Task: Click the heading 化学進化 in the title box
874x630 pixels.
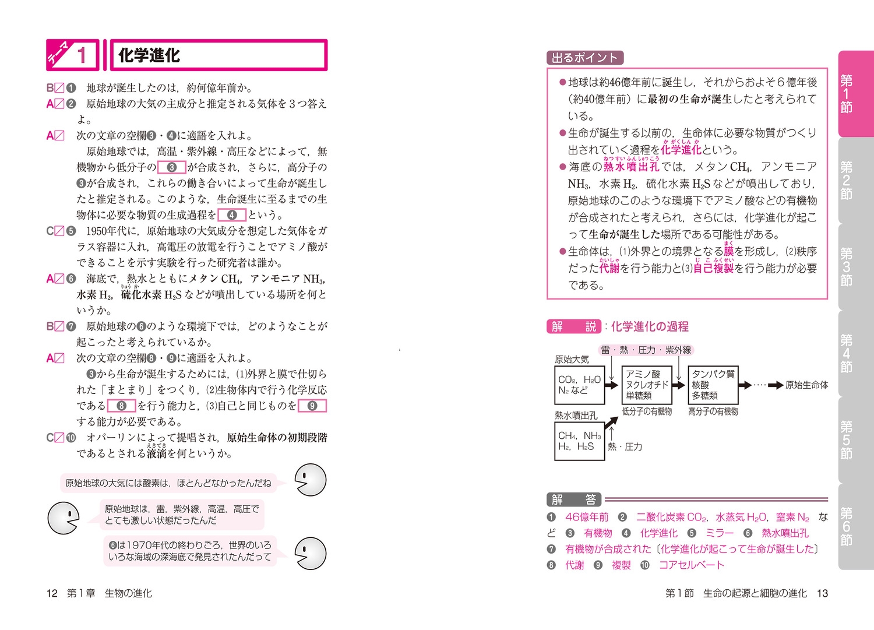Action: click(149, 55)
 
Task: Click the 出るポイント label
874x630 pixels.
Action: click(584, 58)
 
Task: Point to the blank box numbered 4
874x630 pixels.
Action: click(231, 214)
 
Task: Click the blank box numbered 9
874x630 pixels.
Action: click(312, 406)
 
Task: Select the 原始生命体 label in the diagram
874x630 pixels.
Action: click(806, 385)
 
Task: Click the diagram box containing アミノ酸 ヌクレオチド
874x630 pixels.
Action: click(647, 385)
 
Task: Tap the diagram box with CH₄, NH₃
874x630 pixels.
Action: click(579, 441)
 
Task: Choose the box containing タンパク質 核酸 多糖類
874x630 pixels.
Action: click(713, 385)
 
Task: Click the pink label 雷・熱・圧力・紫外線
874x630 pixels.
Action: click(646, 350)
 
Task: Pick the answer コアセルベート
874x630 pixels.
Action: click(691, 565)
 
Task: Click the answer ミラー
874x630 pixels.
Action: click(720, 533)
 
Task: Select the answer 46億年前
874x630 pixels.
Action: click(587, 517)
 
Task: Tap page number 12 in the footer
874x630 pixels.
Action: click(52, 593)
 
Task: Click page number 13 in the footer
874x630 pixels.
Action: click(822, 593)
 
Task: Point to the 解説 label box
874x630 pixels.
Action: click(574, 326)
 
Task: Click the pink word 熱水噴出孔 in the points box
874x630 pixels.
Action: click(631, 167)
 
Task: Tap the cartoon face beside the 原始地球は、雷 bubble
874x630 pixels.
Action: click(63, 518)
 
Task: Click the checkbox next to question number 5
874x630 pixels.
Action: click(59, 231)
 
